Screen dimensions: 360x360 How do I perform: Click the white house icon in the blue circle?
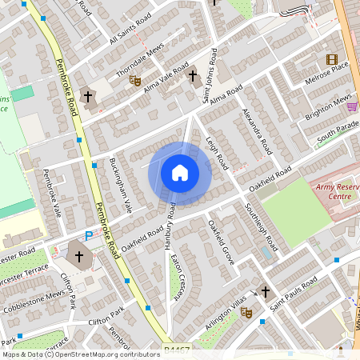tap(180, 173)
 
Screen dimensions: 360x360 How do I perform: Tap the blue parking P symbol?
tap(89, 236)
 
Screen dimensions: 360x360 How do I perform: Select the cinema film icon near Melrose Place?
tap(332, 59)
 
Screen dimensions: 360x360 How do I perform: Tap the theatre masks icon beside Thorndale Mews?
tap(136, 80)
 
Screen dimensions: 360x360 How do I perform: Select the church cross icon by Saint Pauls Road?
tap(266, 294)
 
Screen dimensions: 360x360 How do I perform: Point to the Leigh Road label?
tap(218, 152)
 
